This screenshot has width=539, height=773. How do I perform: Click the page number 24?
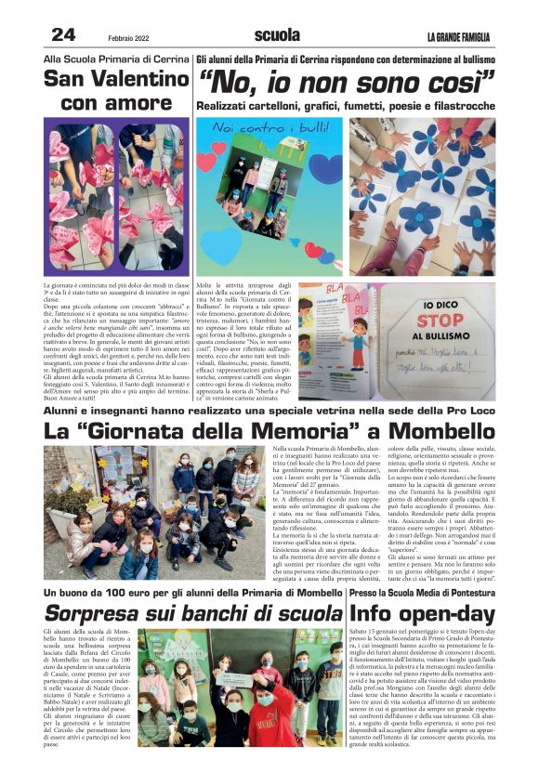tap(63, 34)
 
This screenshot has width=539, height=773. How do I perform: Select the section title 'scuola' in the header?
tap(277, 35)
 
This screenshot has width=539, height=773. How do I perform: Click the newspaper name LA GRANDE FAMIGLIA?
tap(460, 36)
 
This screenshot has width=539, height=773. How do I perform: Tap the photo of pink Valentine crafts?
tap(116, 199)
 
